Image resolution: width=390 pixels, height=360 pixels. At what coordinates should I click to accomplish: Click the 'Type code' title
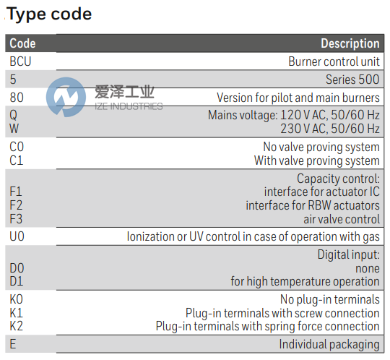pos(50,14)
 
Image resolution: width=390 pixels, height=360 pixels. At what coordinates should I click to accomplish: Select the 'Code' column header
pos(22,43)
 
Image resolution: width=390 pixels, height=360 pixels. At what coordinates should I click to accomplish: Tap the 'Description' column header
pos(350,43)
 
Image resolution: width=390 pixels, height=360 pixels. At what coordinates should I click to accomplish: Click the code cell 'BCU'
pos(20,61)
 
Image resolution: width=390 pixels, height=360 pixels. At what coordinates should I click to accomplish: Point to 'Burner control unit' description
pos(334,61)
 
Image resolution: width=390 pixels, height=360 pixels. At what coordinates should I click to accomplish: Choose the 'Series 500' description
pos(353,80)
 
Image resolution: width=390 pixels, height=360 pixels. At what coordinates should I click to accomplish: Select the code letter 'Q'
pos(13,115)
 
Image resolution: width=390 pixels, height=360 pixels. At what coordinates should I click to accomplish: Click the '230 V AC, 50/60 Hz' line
pos(330,129)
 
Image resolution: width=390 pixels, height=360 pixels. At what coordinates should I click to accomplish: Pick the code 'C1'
pos(16,160)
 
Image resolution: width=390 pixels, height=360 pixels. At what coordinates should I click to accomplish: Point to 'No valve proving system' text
pos(321,147)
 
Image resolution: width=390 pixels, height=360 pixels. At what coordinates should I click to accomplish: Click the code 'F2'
pos(16,205)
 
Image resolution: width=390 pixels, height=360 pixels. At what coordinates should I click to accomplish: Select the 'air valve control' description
pos(342,219)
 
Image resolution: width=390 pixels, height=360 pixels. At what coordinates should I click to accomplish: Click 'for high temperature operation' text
pos(305,281)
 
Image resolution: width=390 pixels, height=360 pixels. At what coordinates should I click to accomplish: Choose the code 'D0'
pos(16,267)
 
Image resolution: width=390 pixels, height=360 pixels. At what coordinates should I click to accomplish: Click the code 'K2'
pos(16,326)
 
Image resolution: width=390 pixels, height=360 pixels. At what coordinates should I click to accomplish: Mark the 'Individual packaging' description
pos(329,344)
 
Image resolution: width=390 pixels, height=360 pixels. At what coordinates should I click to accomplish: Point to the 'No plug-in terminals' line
pos(329,299)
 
